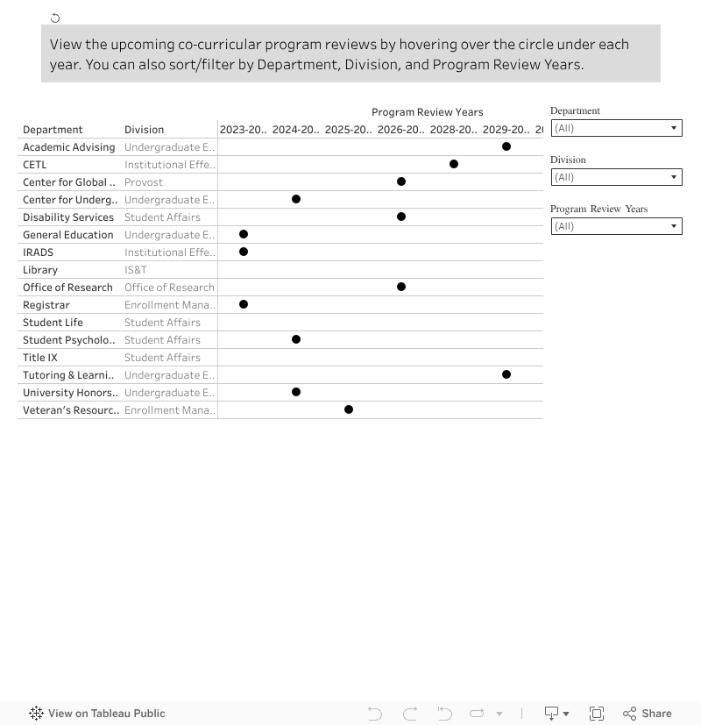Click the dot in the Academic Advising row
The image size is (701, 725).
click(x=506, y=146)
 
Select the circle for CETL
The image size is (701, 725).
click(x=454, y=164)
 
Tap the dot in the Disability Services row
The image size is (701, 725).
click(x=401, y=217)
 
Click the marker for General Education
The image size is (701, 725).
click(x=244, y=234)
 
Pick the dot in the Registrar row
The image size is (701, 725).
click(x=244, y=304)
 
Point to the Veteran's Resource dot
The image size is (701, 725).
click(x=349, y=409)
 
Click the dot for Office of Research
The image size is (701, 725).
click(x=401, y=287)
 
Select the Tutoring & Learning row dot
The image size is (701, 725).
click(x=506, y=374)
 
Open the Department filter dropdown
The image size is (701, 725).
click(x=616, y=128)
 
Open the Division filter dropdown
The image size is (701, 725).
click(x=616, y=177)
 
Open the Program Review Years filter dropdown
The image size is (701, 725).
click(x=616, y=226)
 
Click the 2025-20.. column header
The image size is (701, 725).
click(x=348, y=130)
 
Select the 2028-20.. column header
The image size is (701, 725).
click(x=453, y=130)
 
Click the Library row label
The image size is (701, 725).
click(x=40, y=270)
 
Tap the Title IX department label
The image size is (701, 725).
click(x=40, y=358)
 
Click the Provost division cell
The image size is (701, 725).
click(x=144, y=182)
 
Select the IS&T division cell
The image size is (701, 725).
click(x=136, y=270)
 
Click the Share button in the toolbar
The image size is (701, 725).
click(x=648, y=714)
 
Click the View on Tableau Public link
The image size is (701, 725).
click(x=97, y=714)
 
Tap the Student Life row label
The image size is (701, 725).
click(x=53, y=323)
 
